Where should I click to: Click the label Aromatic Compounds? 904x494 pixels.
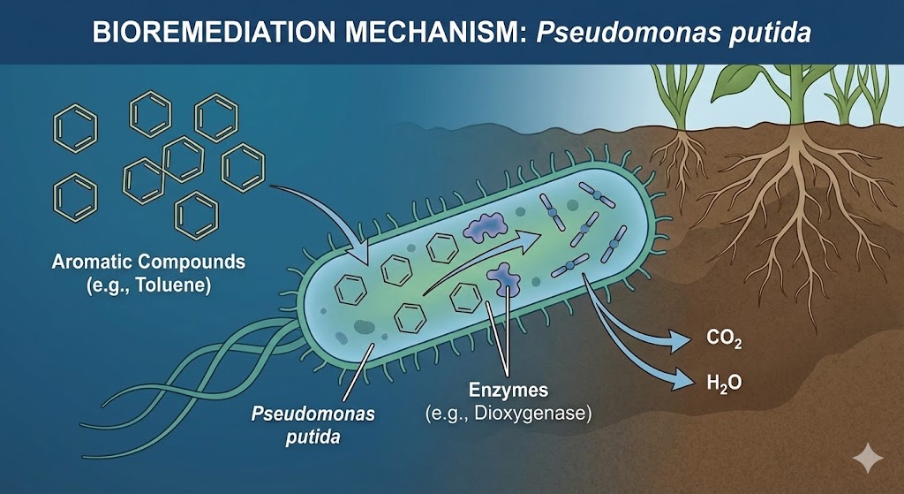pyautogui.click(x=148, y=262)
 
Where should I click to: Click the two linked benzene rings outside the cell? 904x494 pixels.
pyautogui.click(x=164, y=168)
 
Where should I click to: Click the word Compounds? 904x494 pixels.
pyautogui.click(x=195, y=262)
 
